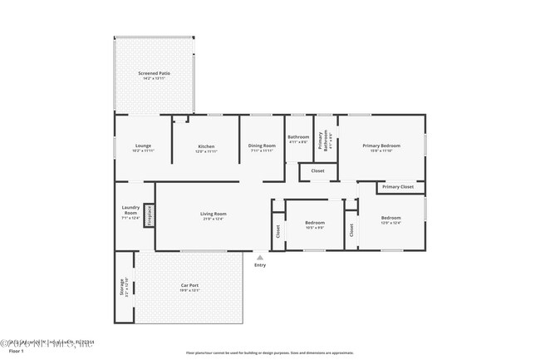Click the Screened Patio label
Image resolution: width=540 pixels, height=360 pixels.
point(153,75)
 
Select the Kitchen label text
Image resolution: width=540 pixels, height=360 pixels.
point(206,149)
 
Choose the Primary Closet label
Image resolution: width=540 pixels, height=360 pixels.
point(398,187)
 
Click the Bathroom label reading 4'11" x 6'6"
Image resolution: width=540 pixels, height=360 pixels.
point(298,139)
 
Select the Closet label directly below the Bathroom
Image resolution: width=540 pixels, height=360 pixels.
point(317,171)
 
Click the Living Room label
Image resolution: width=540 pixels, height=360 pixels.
point(214,215)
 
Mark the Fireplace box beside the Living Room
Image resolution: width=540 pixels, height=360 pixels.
point(150,215)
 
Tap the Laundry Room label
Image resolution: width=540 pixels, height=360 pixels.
point(130,212)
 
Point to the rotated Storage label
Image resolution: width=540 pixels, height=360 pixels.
point(124,288)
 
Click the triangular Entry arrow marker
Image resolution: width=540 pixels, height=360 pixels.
point(260,257)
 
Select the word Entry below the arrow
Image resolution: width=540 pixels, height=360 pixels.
point(260,265)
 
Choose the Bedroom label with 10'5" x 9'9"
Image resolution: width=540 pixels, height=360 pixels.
point(315,224)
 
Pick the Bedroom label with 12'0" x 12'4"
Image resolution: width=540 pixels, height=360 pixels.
point(390,221)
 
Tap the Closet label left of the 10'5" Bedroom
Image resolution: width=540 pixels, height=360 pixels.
point(278,229)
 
